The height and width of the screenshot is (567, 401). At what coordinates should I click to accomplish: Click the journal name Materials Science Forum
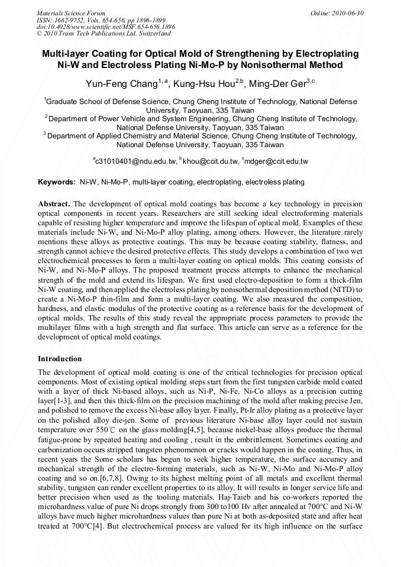71,13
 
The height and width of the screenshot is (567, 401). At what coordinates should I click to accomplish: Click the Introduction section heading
60,359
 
